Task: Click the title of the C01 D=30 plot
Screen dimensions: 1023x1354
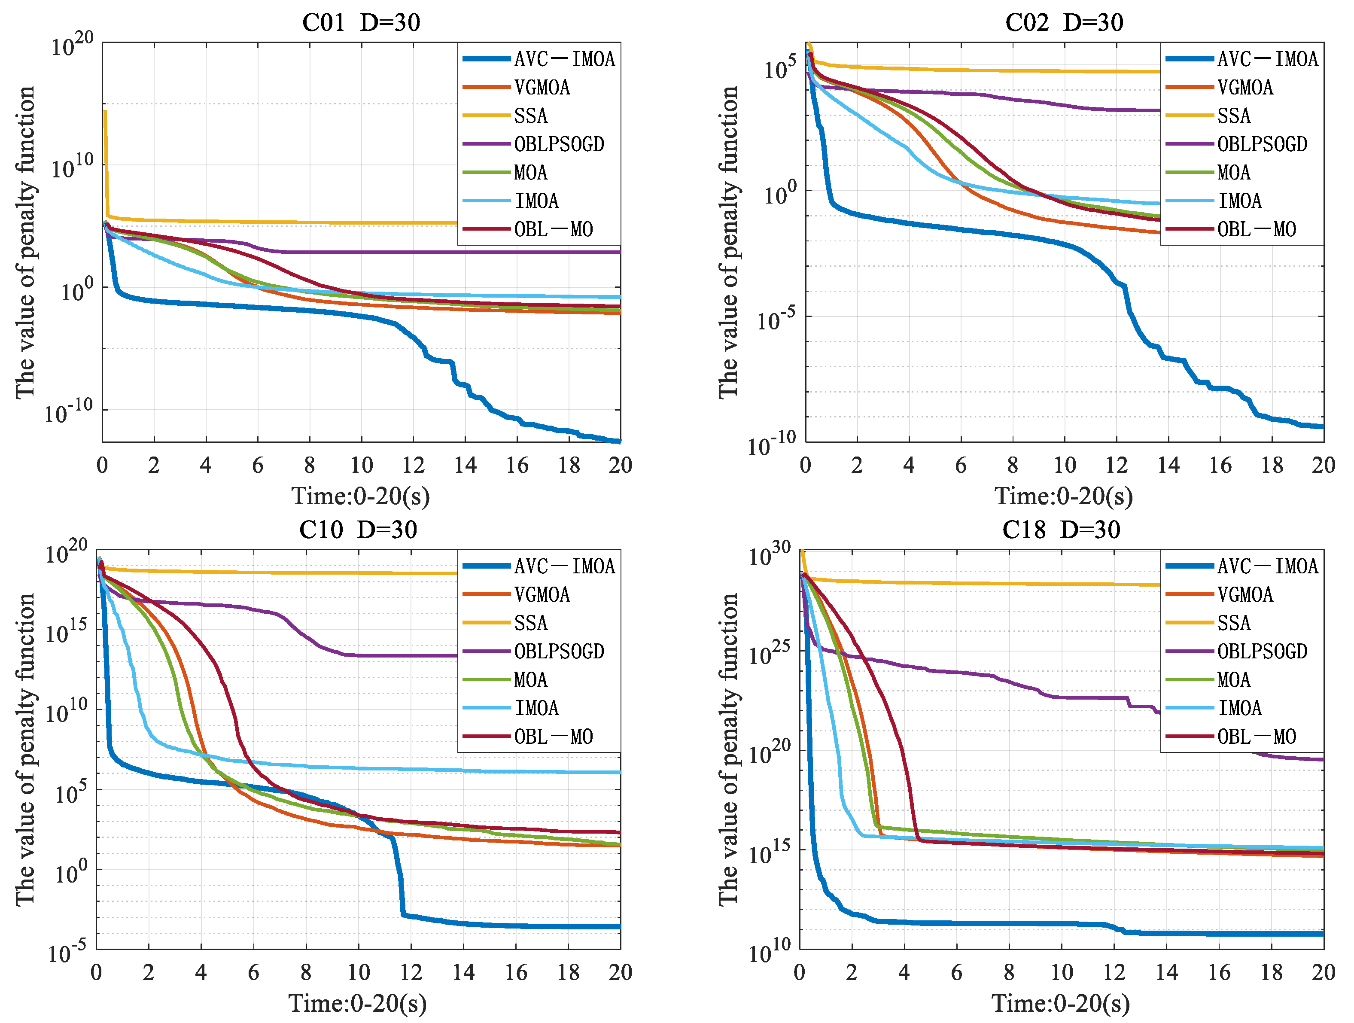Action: pyautogui.click(x=361, y=23)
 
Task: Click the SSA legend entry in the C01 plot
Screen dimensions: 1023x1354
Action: pyautogui.click(x=531, y=116)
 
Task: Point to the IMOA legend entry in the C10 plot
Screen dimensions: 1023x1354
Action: pyautogui.click(x=537, y=708)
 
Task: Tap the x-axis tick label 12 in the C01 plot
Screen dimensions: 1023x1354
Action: pyautogui.click(x=413, y=465)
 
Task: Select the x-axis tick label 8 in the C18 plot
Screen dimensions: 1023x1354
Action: pyautogui.click(x=1009, y=972)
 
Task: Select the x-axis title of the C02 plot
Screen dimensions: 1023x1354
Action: pyautogui.click(x=1064, y=496)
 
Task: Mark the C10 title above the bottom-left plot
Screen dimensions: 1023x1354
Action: pyautogui.click(x=358, y=530)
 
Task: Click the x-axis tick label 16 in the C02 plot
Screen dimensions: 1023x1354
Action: pyautogui.click(x=1220, y=465)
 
